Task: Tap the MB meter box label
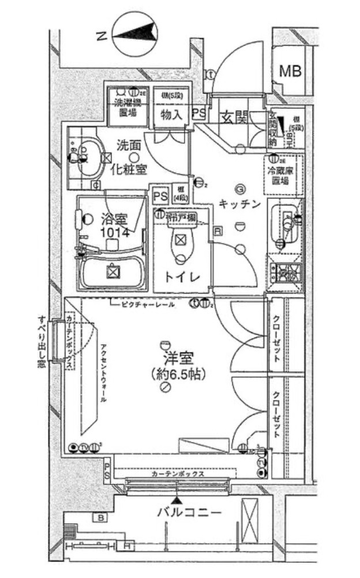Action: (290, 71)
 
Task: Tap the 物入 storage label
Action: (171, 115)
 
